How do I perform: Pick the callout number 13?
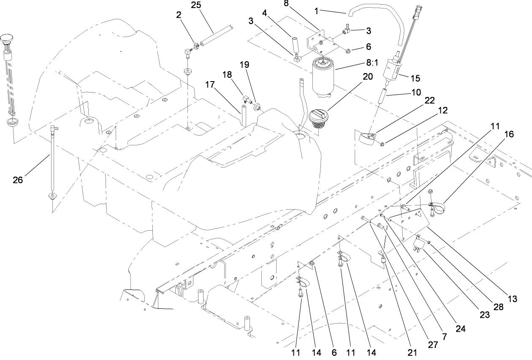(x=512, y=299)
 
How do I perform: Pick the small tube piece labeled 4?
(x=294, y=44)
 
